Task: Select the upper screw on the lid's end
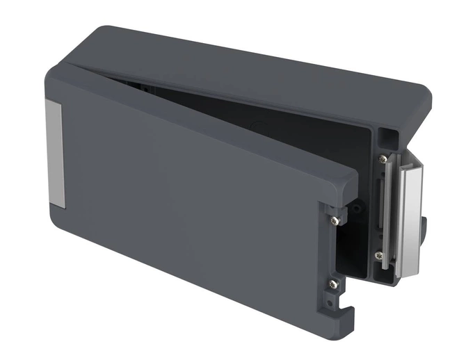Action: point(335,220)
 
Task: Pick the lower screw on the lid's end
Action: point(334,284)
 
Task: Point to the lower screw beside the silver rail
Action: point(379,256)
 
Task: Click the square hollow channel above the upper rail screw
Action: point(387,140)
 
